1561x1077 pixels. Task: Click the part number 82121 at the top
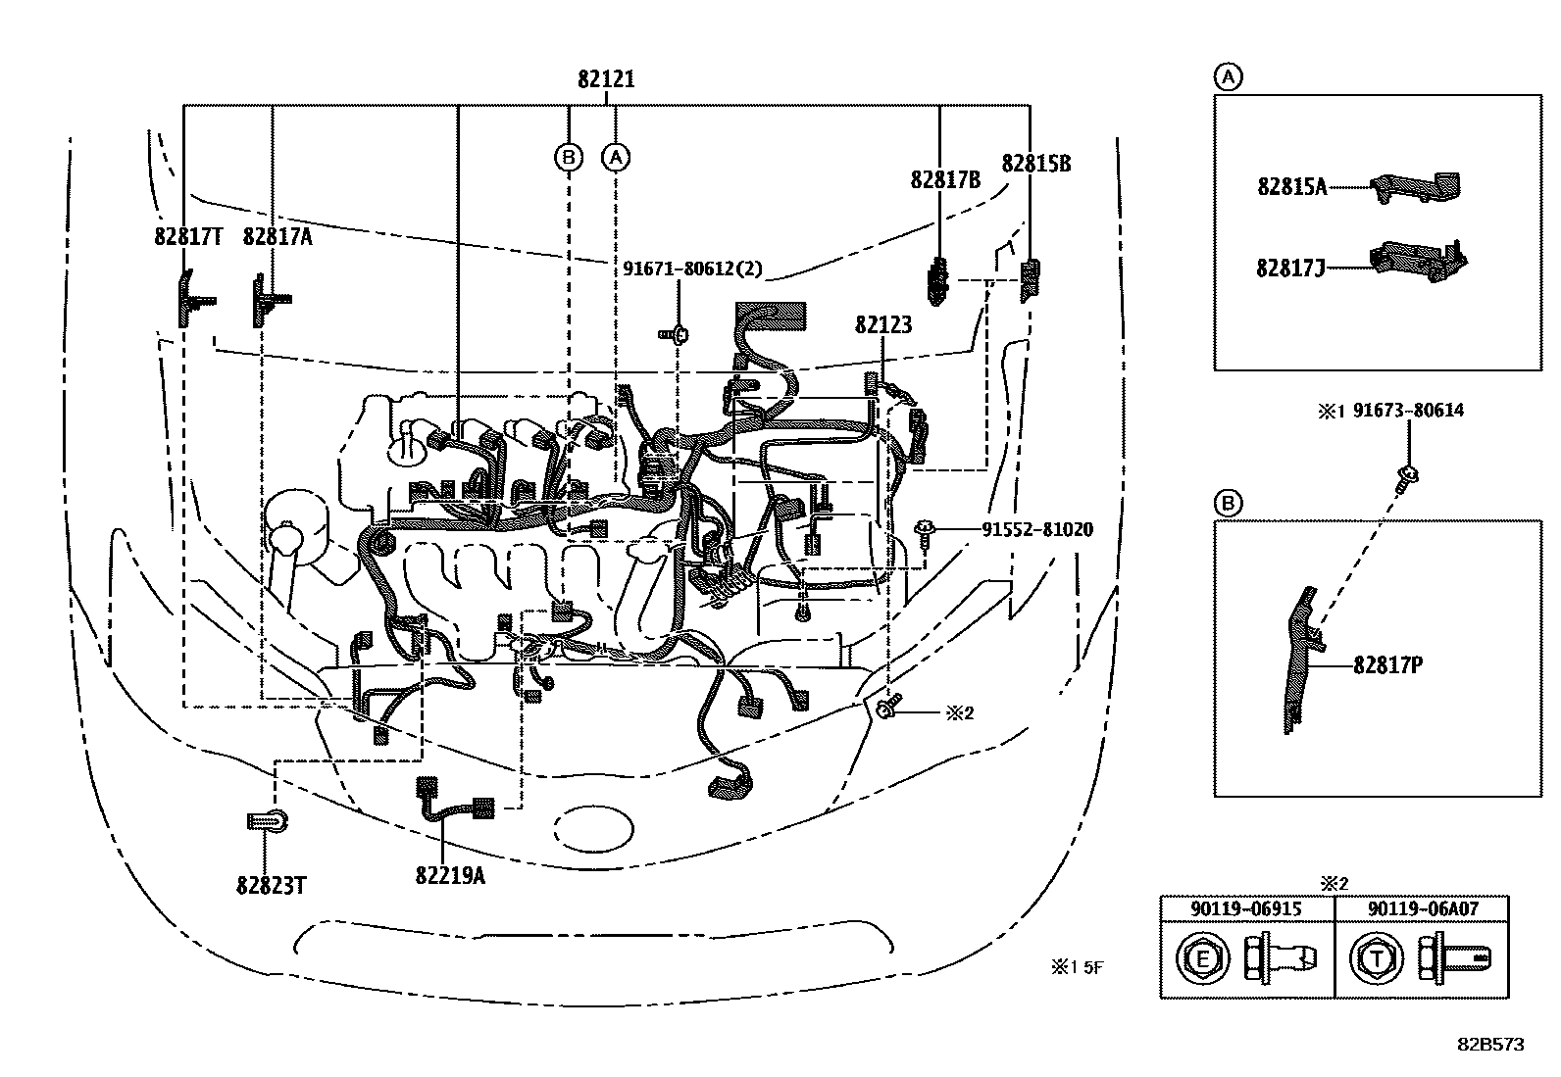606,79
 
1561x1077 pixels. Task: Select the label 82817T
188,237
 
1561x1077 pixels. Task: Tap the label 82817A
277,237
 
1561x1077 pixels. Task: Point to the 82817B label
945,179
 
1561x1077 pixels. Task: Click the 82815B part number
1036,164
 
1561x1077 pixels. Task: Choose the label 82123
883,324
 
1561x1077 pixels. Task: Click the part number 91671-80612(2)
692,269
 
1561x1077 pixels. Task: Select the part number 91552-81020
1037,529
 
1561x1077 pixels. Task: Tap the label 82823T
271,886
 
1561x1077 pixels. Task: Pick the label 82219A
450,875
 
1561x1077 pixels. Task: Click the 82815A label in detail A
1292,187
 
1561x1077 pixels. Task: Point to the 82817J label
1290,269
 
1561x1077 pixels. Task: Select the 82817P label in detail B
1388,665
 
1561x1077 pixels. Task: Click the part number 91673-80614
1408,411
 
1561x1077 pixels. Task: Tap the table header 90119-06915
1246,909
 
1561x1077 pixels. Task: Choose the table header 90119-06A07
1423,909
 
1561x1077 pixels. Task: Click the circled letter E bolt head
1202,959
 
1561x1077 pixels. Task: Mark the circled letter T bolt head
1377,959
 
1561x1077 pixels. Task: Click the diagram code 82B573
1490,1045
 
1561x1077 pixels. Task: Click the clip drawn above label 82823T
268,822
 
